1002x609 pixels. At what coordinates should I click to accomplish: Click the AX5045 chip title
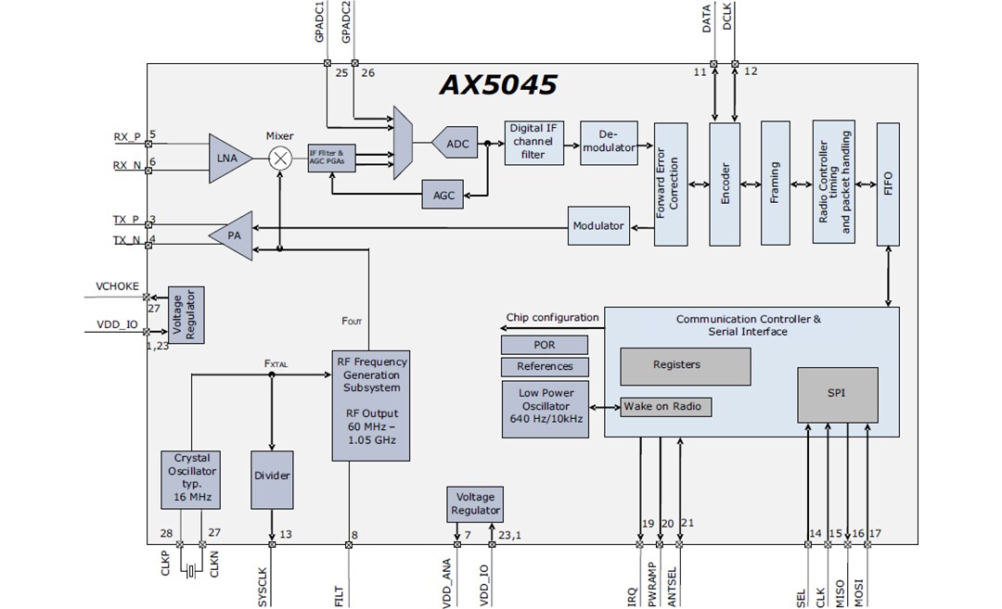(497, 85)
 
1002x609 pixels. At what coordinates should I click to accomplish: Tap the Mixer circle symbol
(280, 159)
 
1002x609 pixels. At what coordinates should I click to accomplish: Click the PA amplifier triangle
(232, 235)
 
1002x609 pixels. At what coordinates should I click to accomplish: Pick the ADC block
(456, 144)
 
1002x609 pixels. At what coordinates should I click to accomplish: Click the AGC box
(443, 196)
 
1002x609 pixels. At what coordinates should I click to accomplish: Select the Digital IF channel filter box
(534, 142)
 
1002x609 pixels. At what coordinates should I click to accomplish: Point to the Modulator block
(597, 227)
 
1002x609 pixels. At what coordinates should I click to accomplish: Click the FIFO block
(888, 183)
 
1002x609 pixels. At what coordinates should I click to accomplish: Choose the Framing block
(775, 183)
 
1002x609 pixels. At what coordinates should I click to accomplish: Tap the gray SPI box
(837, 394)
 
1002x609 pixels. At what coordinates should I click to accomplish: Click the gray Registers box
(685, 365)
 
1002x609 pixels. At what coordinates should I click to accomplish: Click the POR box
(545, 344)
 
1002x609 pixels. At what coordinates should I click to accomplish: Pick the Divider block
(272, 476)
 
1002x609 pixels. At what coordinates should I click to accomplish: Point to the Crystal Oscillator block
(191, 477)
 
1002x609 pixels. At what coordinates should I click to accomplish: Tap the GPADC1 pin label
(320, 22)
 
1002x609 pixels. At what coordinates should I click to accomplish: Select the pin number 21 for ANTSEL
(687, 523)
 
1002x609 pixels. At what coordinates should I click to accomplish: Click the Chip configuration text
(552, 317)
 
